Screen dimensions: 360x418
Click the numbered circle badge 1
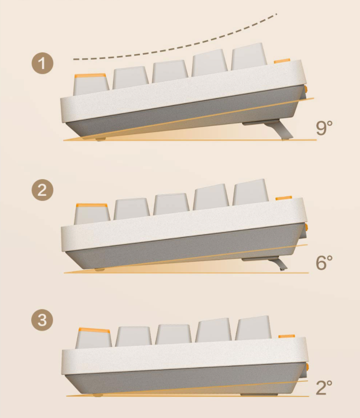[x=42, y=63]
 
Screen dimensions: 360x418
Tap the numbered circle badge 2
[x=42, y=190]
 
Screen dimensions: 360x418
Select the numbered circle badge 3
[x=42, y=320]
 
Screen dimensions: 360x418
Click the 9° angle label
[x=324, y=128]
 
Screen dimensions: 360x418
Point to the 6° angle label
[x=324, y=262]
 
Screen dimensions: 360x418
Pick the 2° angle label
[x=324, y=387]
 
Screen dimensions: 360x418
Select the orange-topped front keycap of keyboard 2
[x=92, y=214]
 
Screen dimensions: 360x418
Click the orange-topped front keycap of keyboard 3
[x=94, y=338]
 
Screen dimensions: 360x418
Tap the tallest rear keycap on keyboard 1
[x=249, y=57]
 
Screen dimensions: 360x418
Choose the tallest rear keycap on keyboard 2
[x=250, y=192]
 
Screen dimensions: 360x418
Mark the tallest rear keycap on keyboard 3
[x=253, y=328]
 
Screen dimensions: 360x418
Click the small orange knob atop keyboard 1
[x=282, y=61]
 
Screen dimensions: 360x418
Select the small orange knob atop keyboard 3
[x=286, y=336]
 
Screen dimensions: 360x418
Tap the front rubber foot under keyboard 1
[x=100, y=139]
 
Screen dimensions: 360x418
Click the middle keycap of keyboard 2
[x=171, y=204]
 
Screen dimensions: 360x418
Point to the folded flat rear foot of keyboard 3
[x=255, y=395]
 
